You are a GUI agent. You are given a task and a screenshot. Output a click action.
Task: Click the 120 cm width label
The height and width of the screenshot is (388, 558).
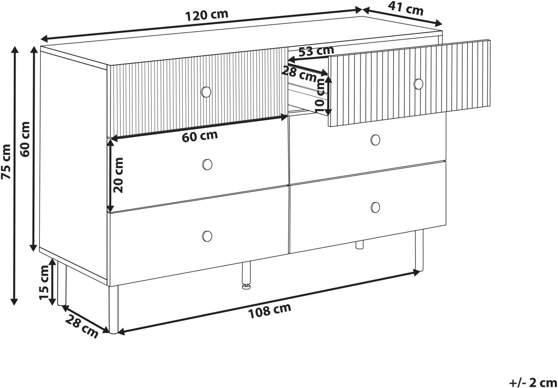[207, 15]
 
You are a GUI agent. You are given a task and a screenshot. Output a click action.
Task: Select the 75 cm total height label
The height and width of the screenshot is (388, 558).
[6, 161]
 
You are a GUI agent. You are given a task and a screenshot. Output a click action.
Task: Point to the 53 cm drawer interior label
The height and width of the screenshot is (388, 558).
[316, 51]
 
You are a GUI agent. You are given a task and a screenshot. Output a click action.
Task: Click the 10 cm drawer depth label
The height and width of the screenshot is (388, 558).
[320, 94]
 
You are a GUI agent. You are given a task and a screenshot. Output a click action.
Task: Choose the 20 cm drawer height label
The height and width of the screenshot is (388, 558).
[118, 175]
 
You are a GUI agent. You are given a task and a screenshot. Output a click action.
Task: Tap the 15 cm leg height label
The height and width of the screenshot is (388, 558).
[45, 282]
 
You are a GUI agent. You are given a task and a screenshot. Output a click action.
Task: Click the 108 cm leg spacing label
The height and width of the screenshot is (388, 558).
[270, 311]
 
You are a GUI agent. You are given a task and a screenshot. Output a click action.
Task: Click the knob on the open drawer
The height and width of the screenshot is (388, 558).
[418, 84]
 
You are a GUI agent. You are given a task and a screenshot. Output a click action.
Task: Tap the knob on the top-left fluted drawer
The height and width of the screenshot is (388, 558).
[206, 92]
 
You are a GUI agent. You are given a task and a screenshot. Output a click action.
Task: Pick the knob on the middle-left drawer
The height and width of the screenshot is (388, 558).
[207, 165]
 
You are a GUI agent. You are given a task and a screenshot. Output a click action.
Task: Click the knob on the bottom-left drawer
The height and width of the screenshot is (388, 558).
[207, 236]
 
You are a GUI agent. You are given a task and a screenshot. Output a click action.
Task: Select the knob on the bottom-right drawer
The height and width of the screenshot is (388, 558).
[375, 208]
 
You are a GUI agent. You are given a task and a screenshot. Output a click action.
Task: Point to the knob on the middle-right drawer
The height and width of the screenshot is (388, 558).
[375, 140]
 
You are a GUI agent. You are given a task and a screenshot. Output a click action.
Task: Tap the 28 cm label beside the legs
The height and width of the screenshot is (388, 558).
[82, 327]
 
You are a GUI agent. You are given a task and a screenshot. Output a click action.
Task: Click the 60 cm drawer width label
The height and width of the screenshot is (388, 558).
[200, 136]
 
